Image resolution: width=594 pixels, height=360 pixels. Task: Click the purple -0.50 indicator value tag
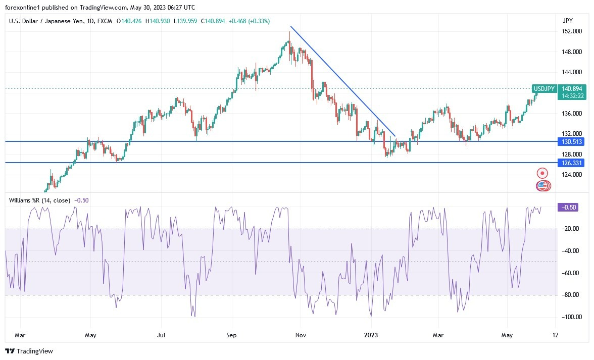tap(566, 207)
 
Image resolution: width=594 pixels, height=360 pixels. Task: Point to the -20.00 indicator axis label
tap(571, 229)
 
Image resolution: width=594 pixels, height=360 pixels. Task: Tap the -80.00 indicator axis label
tap(571, 295)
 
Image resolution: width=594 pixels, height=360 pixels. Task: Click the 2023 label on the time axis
tap(371, 335)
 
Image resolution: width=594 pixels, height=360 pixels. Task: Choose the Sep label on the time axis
tap(231, 335)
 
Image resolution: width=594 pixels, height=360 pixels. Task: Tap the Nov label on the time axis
tap(301, 335)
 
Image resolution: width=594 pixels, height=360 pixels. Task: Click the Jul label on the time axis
tap(161, 335)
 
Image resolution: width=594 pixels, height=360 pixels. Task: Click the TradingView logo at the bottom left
tap(29, 351)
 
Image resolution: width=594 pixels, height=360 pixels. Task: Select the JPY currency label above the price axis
tap(567, 21)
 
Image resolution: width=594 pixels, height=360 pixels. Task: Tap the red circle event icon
tap(542, 173)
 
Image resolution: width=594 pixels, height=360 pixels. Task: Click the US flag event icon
tap(542, 186)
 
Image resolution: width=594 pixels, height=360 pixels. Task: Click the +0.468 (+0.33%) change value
tap(249, 21)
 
